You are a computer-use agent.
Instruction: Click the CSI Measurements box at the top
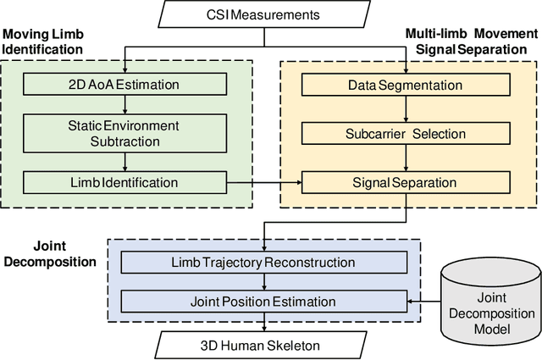tap(265, 14)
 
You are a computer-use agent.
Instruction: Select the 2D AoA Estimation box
tap(125, 86)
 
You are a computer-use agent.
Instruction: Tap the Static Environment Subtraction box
tap(125, 132)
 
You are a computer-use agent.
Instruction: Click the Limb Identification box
tap(125, 182)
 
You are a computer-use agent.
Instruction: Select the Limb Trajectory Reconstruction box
tap(264, 262)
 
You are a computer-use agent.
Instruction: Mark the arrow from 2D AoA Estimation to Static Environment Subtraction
tap(125, 103)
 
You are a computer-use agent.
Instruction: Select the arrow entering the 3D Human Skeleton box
tap(264, 322)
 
